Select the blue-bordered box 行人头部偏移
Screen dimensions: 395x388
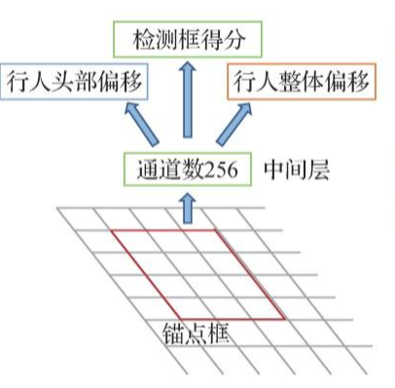coord(74,82)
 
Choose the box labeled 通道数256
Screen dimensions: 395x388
coord(187,170)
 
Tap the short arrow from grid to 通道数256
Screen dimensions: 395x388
coord(188,208)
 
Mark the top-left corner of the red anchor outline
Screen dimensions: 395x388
coord(111,231)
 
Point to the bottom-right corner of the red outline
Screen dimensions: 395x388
coord(285,319)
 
